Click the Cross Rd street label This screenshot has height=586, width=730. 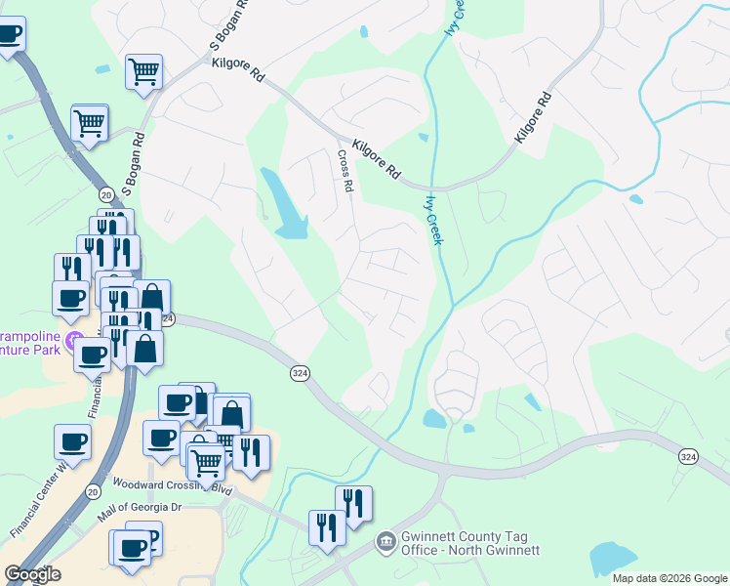(x=345, y=170)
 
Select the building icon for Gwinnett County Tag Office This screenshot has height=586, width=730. (x=386, y=540)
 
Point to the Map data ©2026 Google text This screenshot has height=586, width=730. (x=669, y=578)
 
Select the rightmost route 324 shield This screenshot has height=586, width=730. (x=689, y=457)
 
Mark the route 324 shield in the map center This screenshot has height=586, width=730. (x=300, y=373)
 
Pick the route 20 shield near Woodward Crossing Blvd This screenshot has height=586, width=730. (x=93, y=490)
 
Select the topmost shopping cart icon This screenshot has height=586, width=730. (x=143, y=71)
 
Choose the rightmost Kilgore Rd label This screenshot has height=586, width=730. (x=533, y=118)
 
